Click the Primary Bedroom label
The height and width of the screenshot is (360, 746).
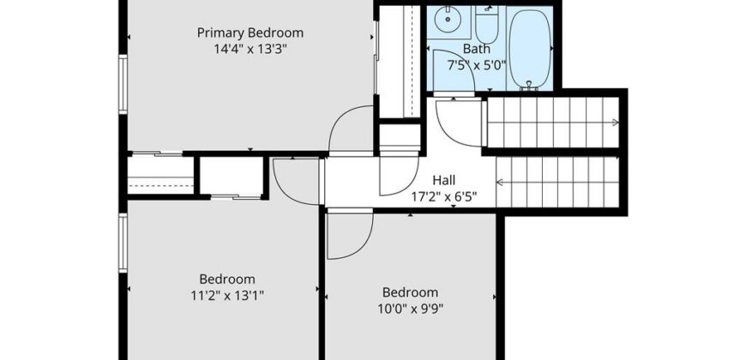coord(250,33)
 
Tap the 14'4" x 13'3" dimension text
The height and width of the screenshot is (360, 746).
coord(250,49)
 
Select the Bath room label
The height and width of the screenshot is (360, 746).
coord(476,49)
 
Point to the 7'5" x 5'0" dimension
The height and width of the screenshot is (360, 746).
coord(476,65)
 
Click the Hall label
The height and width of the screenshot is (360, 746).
coord(444,180)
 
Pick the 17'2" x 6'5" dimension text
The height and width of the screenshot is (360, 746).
coord(444,196)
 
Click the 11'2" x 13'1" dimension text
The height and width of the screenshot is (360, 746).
coord(227,296)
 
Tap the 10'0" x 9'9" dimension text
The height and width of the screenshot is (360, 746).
coord(410,309)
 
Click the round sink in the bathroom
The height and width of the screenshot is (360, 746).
coord(448,19)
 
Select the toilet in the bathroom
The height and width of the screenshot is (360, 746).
coord(486,25)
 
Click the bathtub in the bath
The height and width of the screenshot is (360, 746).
coord(530,49)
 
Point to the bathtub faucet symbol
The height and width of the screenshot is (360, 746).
coord(529,85)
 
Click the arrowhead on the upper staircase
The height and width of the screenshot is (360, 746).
coord(615,123)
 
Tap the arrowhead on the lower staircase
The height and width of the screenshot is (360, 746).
coord(500,182)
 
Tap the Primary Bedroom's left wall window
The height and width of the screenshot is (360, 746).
coord(123,84)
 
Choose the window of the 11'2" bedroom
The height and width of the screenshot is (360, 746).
coord(123,243)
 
